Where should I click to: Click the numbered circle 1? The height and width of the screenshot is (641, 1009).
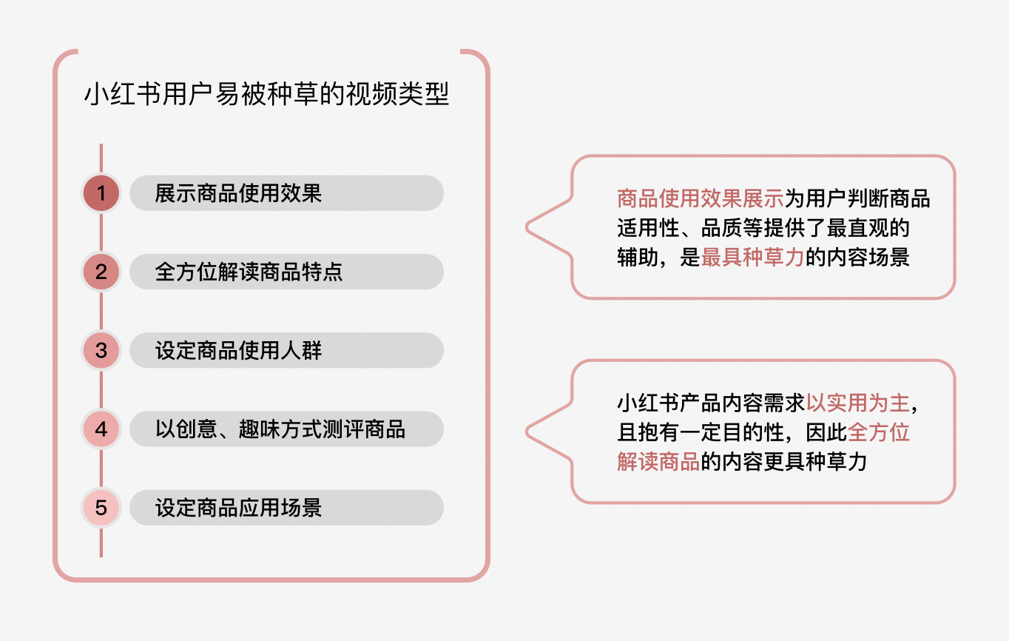101,193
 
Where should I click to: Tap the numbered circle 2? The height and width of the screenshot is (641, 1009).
101,272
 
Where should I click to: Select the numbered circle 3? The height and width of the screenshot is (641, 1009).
101,350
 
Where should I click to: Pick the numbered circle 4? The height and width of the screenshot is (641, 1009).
101,429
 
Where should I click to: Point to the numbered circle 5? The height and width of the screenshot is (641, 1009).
101,508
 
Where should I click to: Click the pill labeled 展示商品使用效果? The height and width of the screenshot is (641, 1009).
286,193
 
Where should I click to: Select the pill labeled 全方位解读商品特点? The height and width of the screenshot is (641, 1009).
286,272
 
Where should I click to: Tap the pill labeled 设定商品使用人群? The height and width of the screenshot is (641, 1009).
286,350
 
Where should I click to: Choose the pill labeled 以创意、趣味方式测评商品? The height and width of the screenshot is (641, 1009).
286,429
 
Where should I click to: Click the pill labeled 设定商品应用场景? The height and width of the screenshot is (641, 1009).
286,508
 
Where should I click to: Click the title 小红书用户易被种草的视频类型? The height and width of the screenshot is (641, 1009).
266,95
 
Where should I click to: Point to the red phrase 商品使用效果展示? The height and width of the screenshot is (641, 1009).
700,198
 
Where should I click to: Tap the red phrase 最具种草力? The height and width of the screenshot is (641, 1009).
752,258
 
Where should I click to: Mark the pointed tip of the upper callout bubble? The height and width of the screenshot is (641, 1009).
527,226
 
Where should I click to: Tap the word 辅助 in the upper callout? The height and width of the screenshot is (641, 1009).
638,258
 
